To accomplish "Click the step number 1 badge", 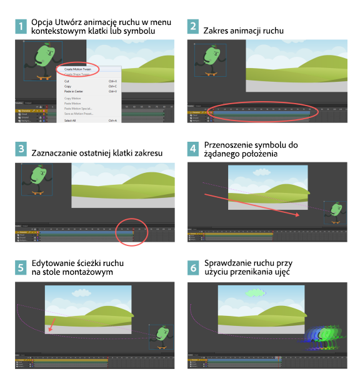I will (22, 27).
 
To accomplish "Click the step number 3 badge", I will (22, 150).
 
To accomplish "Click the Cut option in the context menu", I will (67, 81).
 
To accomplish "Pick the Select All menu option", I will (70, 121).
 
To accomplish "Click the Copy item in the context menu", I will (68, 86).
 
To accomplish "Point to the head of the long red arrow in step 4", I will (299, 215).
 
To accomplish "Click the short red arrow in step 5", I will (52, 323).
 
